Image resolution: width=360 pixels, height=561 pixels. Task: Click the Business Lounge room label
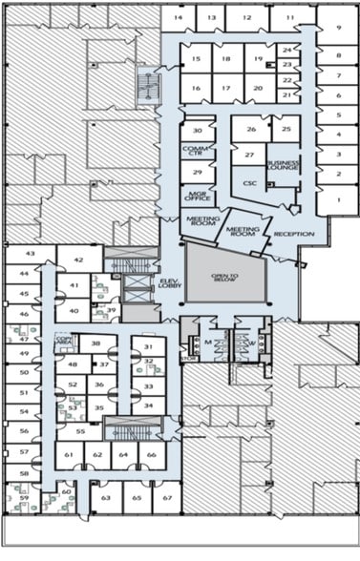point(283,166)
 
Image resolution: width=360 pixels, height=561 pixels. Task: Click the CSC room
point(250,182)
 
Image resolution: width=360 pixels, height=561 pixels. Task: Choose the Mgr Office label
point(199,196)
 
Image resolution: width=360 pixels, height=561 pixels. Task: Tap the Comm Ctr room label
point(197,151)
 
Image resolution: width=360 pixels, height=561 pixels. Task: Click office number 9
point(339,28)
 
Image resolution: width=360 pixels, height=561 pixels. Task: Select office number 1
point(339,199)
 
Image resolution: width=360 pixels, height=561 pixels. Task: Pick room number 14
point(178,18)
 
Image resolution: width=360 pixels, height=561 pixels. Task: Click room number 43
point(30,254)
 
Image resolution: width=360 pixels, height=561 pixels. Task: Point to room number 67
point(167,498)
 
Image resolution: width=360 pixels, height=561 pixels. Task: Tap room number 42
point(79,260)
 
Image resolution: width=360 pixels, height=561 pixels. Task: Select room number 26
point(251,130)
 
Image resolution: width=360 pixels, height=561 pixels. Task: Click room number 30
point(198,130)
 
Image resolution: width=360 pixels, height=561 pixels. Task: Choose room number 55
point(80,431)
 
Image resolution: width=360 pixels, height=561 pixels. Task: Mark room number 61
point(69,456)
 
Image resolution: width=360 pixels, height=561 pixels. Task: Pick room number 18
point(225,59)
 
